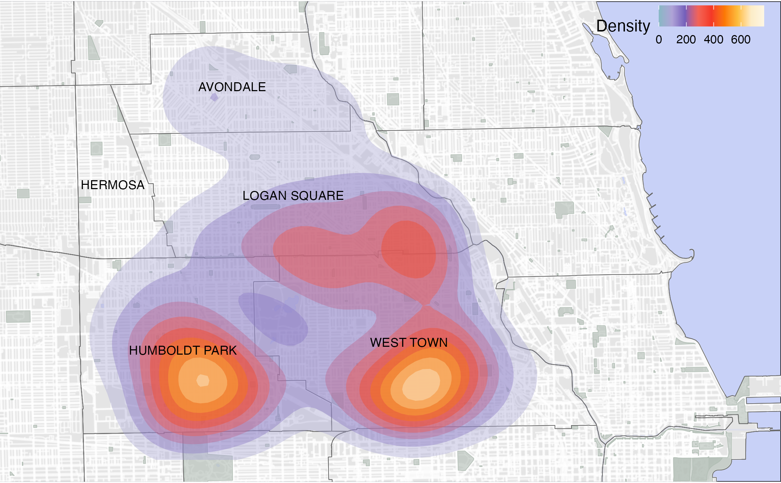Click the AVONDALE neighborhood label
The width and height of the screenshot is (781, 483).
pyautogui.click(x=232, y=87)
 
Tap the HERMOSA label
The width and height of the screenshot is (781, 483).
pyautogui.click(x=112, y=185)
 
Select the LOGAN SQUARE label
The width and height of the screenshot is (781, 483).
pyautogui.click(x=293, y=196)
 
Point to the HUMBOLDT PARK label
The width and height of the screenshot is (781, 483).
pyautogui.click(x=183, y=350)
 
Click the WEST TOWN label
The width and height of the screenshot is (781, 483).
pyautogui.click(x=409, y=342)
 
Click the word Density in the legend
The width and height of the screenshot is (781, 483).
pyautogui.click(x=623, y=26)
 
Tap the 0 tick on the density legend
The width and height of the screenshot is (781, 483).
pyautogui.click(x=659, y=40)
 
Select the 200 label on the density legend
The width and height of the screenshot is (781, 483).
pyautogui.click(x=686, y=40)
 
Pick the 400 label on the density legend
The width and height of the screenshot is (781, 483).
pyautogui.click(x=714, y=40)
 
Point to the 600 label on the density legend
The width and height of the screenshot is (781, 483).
pyautogui.click(x=741, y=40)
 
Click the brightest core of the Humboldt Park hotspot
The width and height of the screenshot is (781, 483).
pyautogui.click(x=203, y=380)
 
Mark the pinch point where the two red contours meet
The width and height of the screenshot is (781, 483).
pyautogui.click(x=426, y=305)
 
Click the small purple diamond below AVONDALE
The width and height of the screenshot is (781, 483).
pyautogui.click(x=214, y=97)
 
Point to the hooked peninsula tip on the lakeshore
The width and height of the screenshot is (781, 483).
pyautogui.click(x=692, y=253)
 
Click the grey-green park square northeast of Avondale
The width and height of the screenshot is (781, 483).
pyautogui.click(x=393, y=99)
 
